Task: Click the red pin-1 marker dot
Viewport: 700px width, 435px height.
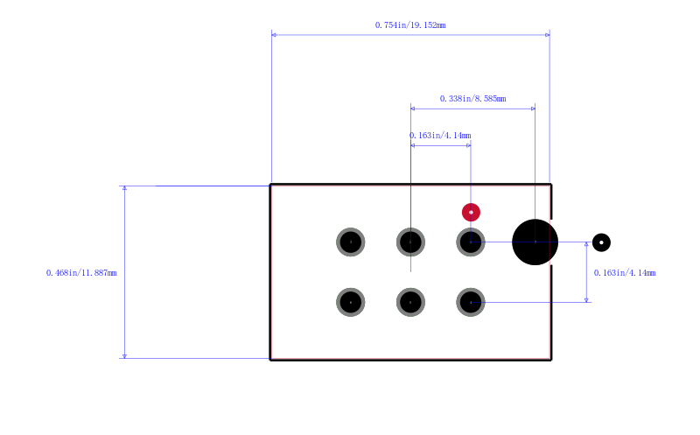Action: (x=471, y=212)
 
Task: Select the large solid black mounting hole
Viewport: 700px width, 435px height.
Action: (x=535, y=242)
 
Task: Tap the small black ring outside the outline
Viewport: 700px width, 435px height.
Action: (x=601, y=242)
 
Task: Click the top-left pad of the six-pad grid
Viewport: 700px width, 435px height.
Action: (x=351, y=242)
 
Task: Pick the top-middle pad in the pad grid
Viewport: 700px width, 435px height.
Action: (x=410, y=242)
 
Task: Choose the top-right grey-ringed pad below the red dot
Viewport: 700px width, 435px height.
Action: (x=471, y=242)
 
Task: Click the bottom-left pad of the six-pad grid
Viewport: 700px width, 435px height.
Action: (x=351, y=302)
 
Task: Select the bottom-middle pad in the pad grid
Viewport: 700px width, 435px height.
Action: (x=410, y=302)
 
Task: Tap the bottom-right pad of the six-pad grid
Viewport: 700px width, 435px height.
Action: (x=471, y=302)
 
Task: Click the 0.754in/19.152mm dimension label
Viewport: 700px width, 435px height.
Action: (x=410, y=25)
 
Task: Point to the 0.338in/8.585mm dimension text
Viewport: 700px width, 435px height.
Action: (x=472, y=99)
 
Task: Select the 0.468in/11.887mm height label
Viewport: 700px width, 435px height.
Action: (x=81, y=273)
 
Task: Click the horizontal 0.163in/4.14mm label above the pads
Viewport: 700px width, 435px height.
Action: (x=440, y=136)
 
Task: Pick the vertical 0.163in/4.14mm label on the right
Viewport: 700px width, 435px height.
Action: (x=625, y=273)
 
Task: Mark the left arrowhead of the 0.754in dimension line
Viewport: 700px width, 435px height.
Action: (x=274, y=34)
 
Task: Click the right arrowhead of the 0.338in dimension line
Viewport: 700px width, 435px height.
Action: (x=533, y=109)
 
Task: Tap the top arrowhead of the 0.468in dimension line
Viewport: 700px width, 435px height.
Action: (x=124, y=188)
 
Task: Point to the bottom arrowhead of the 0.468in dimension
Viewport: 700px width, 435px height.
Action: (x=124, y=356)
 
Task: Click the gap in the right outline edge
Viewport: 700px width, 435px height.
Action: (x=551, y=242)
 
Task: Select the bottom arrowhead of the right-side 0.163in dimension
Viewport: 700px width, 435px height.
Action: (x=586, y=299)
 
